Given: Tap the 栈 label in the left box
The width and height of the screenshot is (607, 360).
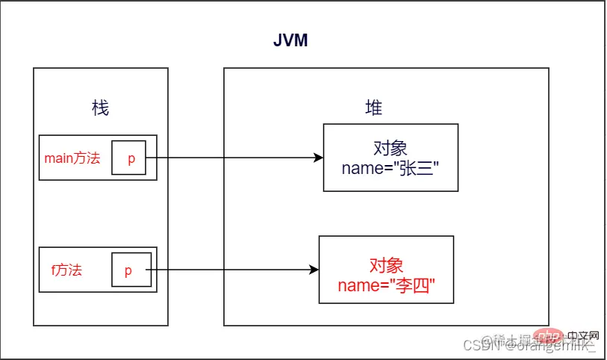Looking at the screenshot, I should pyautogui.click(x=100, y=108).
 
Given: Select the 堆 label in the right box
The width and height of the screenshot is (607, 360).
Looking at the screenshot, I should pyautogui.click(x=373, y=108).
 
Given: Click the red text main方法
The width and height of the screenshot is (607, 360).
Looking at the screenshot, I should pyautogui.click(x=72, y=158).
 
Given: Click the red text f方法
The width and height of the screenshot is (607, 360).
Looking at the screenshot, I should pyautogui.click(x=66, y=270).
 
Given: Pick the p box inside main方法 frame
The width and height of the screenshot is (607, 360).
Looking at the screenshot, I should pyautogui.click(x=128, y=158).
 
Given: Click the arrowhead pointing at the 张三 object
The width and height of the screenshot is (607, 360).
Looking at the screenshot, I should pyautogui.click(x=319, y=158).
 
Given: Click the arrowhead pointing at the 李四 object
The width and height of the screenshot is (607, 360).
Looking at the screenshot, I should pyautogui.click(x=314, y=270).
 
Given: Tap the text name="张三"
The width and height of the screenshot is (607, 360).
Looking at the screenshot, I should pyautogui.click(x=390, y=168).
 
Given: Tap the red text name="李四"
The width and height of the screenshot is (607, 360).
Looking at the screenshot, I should pyautogui.click(x=386, y=285).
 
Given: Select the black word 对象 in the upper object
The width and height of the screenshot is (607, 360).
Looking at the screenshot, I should pyautogui.click(x=390, y=147).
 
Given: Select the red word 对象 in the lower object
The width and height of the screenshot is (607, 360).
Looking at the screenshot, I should pyautogui.click(x=386, y=264).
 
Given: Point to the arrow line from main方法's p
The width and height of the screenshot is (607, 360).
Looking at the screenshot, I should pyautogui.click(x=231, y=158).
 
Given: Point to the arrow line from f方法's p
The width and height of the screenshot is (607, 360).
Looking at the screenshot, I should pyautogui.click(x=231, y=270).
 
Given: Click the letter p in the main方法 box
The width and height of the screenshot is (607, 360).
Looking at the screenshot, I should pyautogui.click(x=131, y=159).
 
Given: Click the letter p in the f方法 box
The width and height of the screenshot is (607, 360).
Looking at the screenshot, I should pyautogui.click(x=128, y=271).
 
